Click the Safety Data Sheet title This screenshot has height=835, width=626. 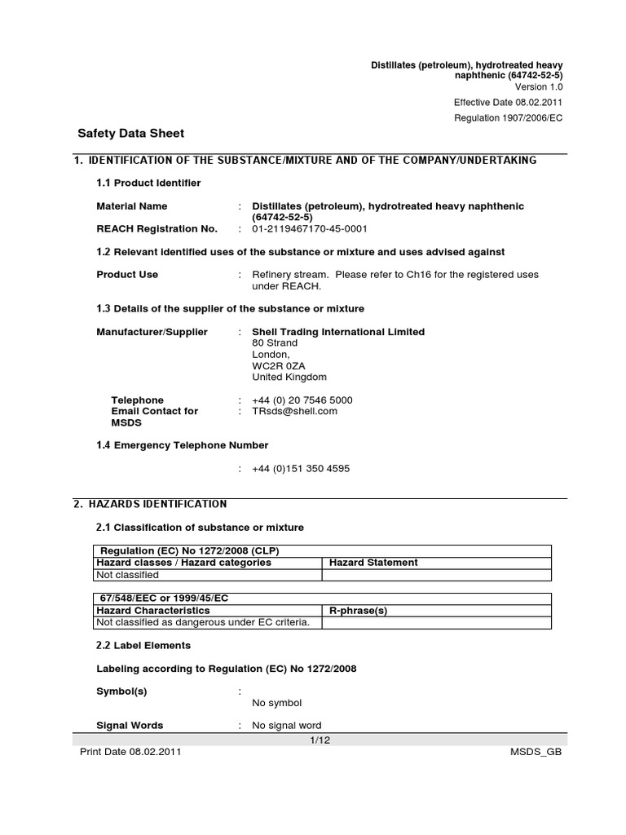pyautogui.click(x=130, y=133)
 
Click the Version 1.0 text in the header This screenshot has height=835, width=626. pyautogui.click(x=538, y=86)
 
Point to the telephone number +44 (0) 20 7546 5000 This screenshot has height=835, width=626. pyautogui.click(x=302, y=400)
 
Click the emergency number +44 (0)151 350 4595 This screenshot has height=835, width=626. pyautogui.click(x=302, y=468)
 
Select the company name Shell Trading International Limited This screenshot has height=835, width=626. pyautogui.click(x=338, y=332)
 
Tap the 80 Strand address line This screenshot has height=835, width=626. pyautogui.click(x=275, y=343)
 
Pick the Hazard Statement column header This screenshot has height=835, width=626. pyautogui.click(x=373, y=563)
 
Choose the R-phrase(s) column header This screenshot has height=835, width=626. pyautogui.click(x=358, y=610)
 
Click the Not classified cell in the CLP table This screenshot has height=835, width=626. pyautogui.click(x=127, y=575)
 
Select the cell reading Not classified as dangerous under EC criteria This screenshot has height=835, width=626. pyautogui.click(x=203, y=622)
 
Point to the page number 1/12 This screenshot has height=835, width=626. pyautogui.click(x=318, y=739)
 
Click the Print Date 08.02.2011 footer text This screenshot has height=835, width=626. pyautogui.click(x=130, y=752)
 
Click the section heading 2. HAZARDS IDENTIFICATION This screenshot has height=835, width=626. pyautogui.click(x=150, y=505)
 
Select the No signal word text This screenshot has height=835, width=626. pyautogui.click(x=287, y=725)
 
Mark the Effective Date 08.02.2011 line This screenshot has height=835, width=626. pyautogui.click(x=508, y=102)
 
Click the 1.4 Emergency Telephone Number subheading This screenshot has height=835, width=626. pyautogui.click(x=183, y=445)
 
